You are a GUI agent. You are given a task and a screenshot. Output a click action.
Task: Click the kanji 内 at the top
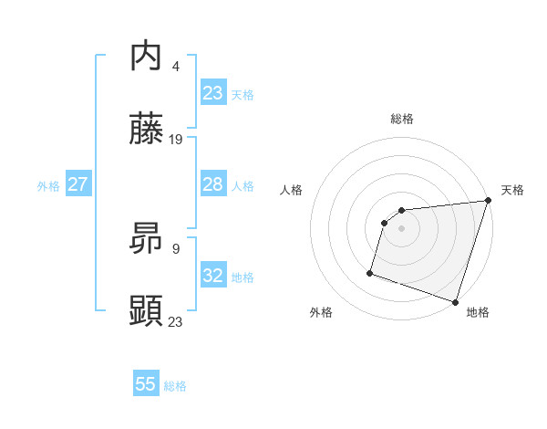[146, 57]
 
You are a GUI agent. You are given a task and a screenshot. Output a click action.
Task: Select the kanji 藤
[146, 129]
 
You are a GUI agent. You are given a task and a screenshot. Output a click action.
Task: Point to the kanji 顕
[146, 311]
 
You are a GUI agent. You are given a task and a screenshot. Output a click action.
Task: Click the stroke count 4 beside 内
[175, 67]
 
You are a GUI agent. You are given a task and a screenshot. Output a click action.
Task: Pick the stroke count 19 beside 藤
[176, 140]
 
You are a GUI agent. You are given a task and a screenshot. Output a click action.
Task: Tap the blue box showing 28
[212, 184]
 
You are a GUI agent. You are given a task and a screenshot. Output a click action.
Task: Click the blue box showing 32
[212, 276]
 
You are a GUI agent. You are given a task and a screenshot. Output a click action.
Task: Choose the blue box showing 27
[77, 184]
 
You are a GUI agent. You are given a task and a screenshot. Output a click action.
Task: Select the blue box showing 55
[146, 384]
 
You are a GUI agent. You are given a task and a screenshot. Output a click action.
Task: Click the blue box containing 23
[212, 93]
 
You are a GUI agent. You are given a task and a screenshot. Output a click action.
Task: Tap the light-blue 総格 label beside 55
[175, 386]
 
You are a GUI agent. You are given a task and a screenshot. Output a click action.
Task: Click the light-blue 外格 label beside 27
[48, 186]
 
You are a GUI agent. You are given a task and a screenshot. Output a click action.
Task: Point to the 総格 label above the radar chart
[402, 119]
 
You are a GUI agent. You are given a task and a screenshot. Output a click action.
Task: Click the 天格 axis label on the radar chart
[512, 190]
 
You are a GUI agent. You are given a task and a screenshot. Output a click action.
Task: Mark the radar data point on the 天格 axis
[488, 201]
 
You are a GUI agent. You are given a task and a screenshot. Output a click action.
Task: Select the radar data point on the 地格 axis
[455, 301]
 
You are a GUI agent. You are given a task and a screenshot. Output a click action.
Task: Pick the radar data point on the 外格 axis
[370, 272]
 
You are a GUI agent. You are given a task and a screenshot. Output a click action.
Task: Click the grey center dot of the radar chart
[402, 228]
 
